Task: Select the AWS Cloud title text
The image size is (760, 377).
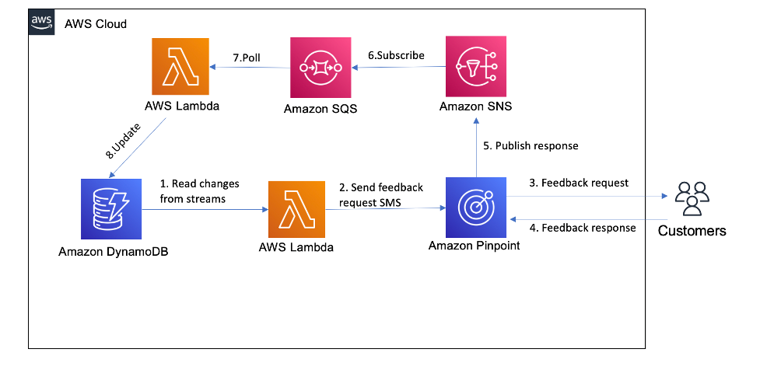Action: (x=95, y=24)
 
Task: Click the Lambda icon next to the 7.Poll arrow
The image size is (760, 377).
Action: (x=181, y=66)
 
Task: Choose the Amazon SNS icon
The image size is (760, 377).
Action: (x=475, y=66)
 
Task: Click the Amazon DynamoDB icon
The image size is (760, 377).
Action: (x=111, y=208)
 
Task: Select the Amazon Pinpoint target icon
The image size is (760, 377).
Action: (x=475, y=208)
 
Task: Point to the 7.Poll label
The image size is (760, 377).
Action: (x=248, y=58)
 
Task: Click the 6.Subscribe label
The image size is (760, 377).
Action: (x=396, y=55)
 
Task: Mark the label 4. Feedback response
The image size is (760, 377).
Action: (x=582, y=228)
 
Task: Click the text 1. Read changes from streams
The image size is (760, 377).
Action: (x=199, y=191)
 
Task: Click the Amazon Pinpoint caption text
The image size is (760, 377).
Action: (x=475, y=246)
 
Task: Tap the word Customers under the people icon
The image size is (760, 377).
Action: (x=692, y=230)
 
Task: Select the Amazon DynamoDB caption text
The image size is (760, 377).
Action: (x=112, y=253)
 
